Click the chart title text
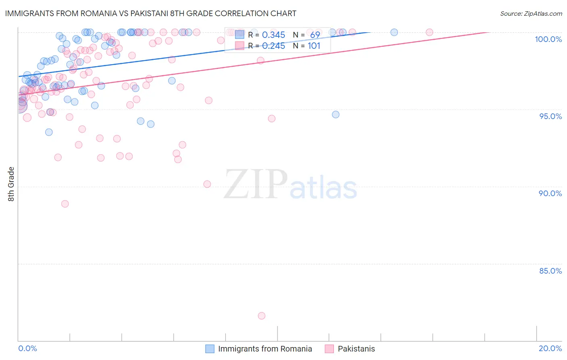150,13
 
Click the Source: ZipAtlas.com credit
531,13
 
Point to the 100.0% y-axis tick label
548,39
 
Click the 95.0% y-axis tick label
550,116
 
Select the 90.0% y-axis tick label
550,193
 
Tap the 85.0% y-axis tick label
550,271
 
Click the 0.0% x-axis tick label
27,348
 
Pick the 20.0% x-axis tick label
550,348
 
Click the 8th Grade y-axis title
11,184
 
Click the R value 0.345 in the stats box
273,35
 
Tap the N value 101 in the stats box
314,46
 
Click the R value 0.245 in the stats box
273,46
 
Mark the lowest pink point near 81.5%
262,316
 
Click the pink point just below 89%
65,204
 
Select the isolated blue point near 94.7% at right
336,115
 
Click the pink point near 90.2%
207,184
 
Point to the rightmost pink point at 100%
429,32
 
